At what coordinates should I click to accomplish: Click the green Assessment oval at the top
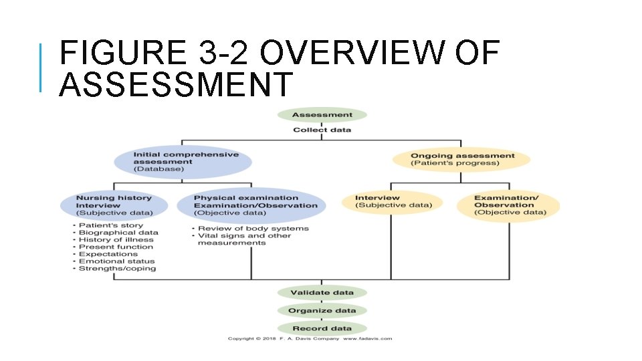coord(322,114)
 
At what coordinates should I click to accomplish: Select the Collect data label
coord(322,130)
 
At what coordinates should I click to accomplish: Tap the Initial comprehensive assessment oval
coord(183,162)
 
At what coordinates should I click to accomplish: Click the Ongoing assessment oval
coord(461,160)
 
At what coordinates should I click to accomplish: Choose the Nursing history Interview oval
coord(114,205)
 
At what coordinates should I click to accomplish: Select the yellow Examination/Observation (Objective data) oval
coord(508,205)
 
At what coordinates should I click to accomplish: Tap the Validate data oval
coord(322,293)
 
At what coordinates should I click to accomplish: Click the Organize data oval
coord(322,311)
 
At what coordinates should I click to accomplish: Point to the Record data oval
coord(322,328)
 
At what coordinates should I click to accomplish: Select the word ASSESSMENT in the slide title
coord(175,85)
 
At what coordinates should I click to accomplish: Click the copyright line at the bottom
coord(309,339)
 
